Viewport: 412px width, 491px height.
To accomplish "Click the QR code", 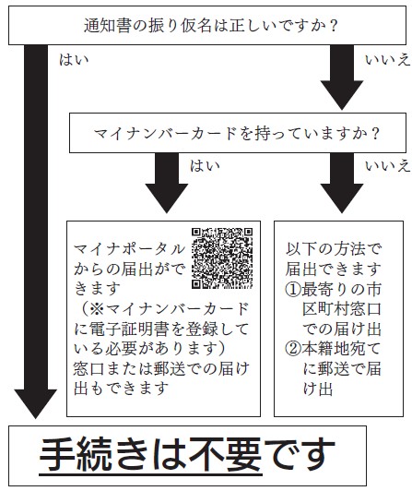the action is point(222,258).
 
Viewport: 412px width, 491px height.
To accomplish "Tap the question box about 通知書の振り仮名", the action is point(207,25).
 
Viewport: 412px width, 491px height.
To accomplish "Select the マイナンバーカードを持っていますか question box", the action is point(238,133).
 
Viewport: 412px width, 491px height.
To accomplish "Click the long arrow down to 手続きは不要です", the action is point(36,232).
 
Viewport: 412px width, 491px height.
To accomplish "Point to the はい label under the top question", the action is point(74,59).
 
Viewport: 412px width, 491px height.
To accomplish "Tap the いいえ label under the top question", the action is point(387,59).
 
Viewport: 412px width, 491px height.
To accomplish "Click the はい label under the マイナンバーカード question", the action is point(205,165).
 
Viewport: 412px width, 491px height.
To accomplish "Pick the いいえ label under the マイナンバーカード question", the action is point(387,165).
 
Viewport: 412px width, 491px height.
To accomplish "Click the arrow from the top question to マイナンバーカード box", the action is point(342,78).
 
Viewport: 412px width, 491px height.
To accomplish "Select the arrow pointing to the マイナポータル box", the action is point(167,183).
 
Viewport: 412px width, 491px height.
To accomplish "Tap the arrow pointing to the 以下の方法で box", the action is point(342,183).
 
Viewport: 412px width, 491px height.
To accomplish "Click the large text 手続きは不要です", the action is point(187,455).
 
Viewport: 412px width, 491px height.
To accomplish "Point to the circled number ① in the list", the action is point(293,290).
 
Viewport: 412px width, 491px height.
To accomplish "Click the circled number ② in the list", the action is point(293,349).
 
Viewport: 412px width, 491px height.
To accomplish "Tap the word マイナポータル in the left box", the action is point(129,249).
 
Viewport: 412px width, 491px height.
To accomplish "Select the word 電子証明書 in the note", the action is point(129,329).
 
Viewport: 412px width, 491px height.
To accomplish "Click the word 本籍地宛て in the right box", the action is point(341,349).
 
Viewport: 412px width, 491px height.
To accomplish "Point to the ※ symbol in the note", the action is point(97,309).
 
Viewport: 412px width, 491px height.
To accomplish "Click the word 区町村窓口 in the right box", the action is point(341,309).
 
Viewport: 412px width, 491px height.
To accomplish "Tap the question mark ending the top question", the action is point(334,26).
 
